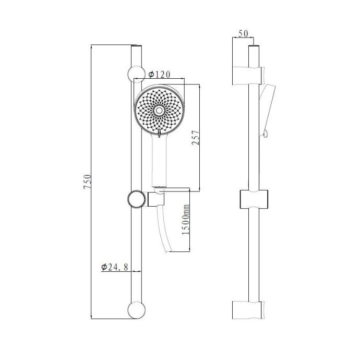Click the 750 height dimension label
87,182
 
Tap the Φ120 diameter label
160,75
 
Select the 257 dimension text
196,138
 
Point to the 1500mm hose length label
186,220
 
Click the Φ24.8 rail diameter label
115,267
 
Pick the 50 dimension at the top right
243,33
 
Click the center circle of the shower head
159,111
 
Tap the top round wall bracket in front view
136,74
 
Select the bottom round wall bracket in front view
136,310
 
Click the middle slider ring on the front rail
137,199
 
